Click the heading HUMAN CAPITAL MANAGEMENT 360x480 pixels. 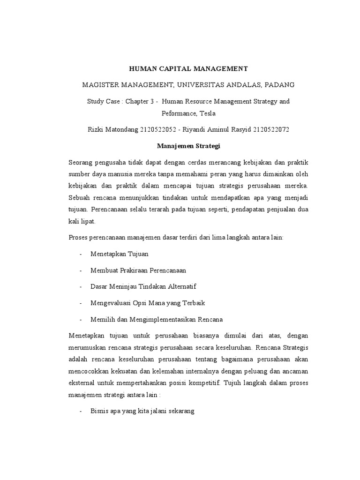tap(188, 69)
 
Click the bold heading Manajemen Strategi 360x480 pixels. tap(188, 146)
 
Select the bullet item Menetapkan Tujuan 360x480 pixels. tap(120, 254)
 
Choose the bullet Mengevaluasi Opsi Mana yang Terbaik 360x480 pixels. tap(148, 303)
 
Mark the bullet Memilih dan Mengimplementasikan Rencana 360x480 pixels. tap(157, 319)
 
